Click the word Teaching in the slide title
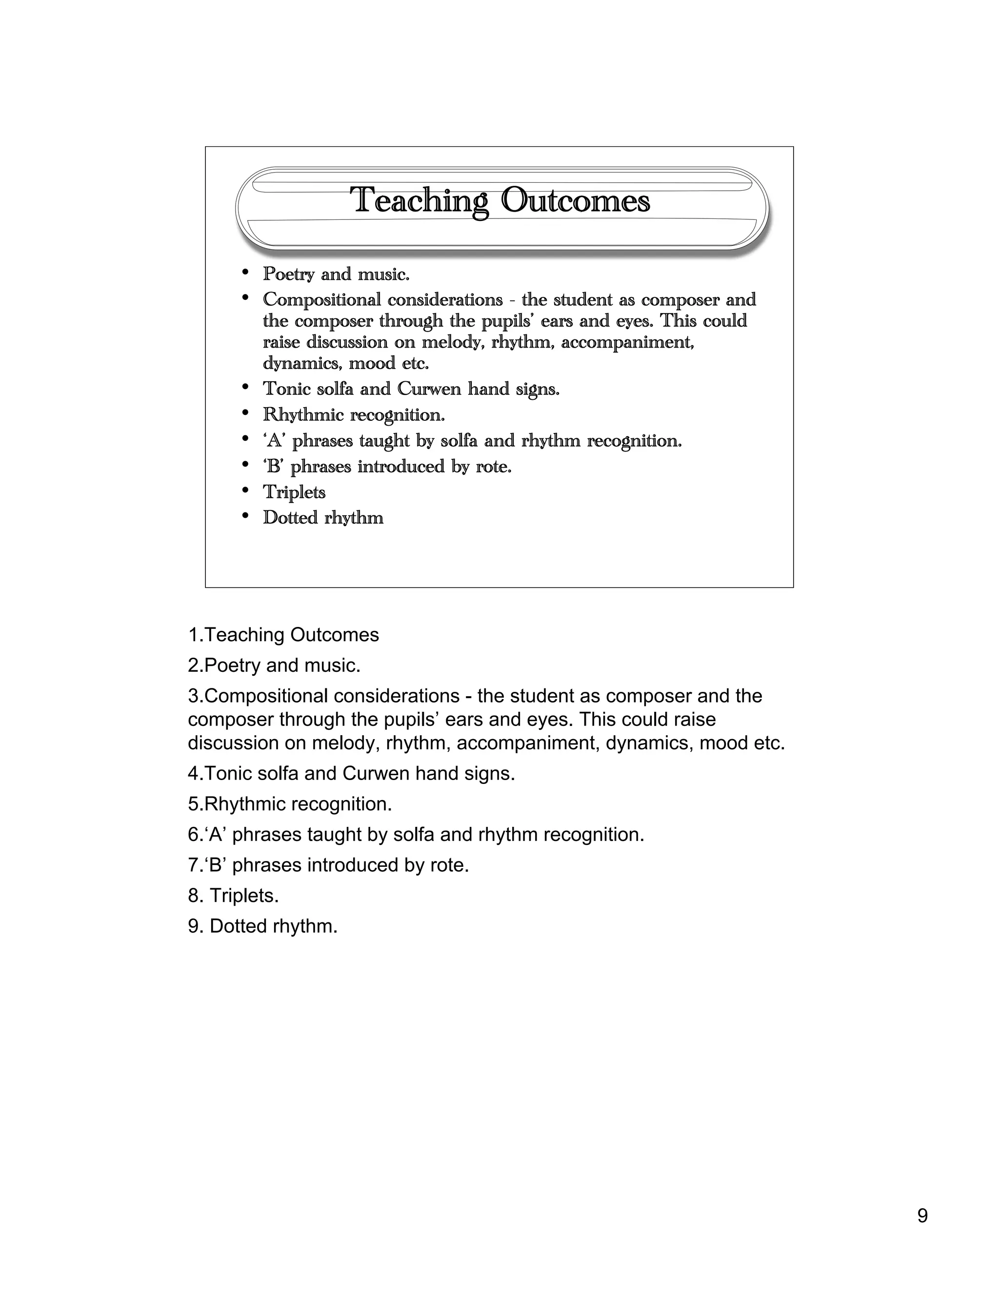(419, 201)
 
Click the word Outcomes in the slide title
(575, 201)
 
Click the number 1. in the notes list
(195, 635)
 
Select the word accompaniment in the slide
(627, 343)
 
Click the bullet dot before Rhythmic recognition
(245, 413)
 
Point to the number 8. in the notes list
(196, 896)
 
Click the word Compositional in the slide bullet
(322, 300)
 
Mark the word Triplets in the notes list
(243, 896)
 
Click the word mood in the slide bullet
(372, 363)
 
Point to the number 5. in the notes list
(195, 804)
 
